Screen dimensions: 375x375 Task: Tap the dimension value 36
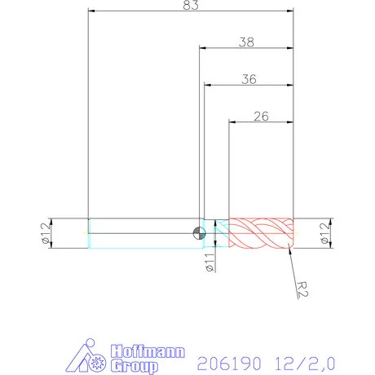tap(249, 79)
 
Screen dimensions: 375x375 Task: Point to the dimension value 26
tap(261, 116)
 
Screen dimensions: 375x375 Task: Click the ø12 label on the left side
tap(46, 232)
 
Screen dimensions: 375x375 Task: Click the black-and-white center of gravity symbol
tap(198, 233)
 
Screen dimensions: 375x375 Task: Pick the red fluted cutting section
tap(259, 233)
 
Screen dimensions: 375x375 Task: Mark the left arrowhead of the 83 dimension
tap(91, 11)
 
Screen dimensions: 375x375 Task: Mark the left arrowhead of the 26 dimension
tap(232, 122)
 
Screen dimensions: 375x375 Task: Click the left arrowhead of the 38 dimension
tap(201, 47)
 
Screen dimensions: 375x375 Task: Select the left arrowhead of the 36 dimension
tap(207, 86)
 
